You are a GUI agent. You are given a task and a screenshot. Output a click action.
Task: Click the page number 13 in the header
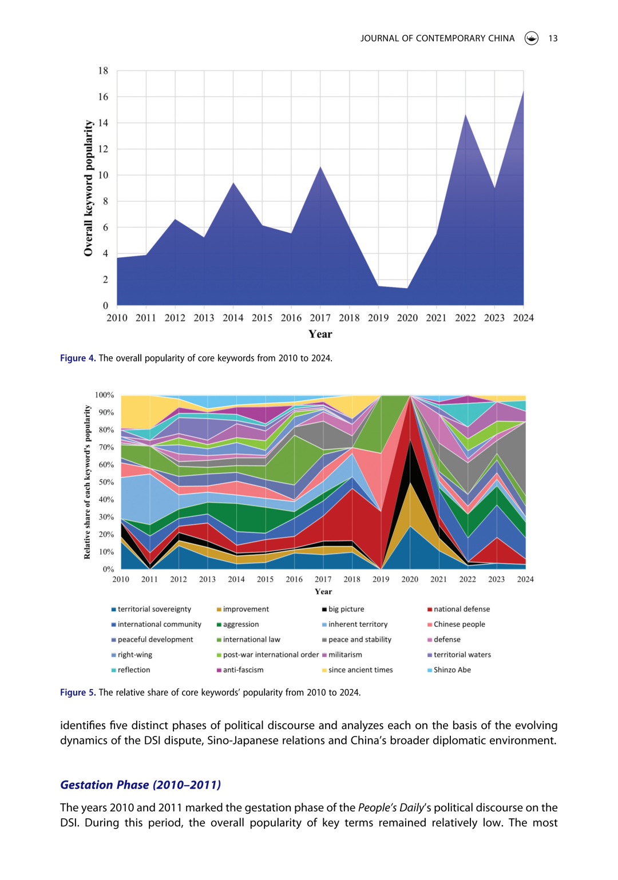click(552, 38)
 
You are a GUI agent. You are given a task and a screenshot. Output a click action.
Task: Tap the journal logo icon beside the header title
click(531, 38)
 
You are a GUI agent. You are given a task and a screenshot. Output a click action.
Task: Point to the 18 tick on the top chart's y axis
click(103, 71)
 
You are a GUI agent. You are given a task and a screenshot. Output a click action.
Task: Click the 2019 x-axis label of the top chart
click(378, 318)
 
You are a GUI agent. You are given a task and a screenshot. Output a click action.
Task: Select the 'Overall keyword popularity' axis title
click(88, 188)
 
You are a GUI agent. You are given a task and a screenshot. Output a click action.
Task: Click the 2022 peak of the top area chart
click(465, 115)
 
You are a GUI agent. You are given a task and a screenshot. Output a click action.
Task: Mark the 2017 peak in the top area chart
click(320, 167)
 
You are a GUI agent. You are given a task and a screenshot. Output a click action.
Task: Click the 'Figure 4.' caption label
click(78, 358)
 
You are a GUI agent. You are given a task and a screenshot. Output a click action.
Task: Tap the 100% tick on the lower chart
click(105, 395)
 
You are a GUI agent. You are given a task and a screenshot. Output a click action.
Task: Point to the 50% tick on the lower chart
click(106, 482)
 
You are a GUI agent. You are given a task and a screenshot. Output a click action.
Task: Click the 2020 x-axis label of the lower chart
click(410, 579)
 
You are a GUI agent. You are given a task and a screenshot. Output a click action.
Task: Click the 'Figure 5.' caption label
click(78, 692)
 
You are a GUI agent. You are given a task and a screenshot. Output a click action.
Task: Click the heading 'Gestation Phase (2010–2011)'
click(140, 785)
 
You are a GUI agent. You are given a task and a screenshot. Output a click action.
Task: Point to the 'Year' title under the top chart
click(320, 335)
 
